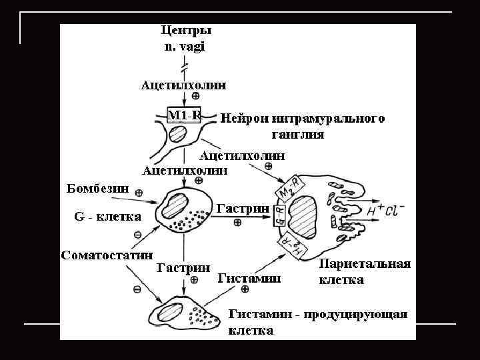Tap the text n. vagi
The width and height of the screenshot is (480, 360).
[x=185, y=46]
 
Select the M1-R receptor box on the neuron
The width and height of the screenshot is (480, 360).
[x=184, y=115]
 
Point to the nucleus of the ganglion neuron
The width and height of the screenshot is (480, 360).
[x=178, y=135]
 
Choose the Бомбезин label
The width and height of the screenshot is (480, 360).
[x=98, y=187]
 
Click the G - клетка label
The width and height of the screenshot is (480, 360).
[x=107, y=217]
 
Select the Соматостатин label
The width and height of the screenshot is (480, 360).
[x=107, y=255]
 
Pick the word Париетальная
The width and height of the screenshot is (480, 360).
[x=365, y=264]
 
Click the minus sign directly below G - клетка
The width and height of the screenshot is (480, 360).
[x=137, y=234]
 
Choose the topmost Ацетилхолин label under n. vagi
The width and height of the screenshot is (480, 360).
[x=183, y=85]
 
